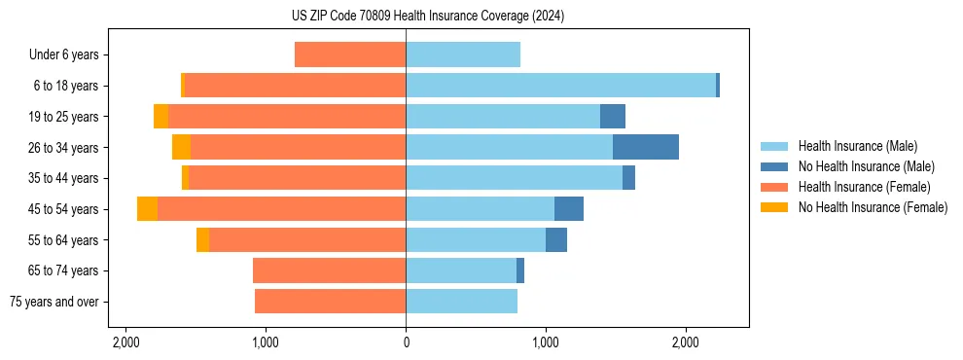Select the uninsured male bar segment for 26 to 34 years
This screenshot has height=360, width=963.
click(645, 147)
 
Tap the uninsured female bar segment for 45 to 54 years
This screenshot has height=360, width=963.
click(147, 209)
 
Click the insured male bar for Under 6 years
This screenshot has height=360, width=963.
click(463, 54)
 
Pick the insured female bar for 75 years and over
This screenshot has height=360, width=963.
click(330, 302)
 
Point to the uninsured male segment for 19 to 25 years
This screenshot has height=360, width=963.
click(612, 117)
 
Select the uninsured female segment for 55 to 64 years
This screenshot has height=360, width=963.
click(202, 240)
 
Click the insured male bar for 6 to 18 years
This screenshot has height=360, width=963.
click(560, 86)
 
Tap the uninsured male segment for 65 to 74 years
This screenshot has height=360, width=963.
click(520, 270)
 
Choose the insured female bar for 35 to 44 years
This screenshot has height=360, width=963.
click(297, 178)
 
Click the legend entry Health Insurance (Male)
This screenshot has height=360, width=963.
click(857, 146)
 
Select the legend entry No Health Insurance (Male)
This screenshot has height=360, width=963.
click(866, 166)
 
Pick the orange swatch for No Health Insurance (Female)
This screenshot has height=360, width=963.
click(775, 207)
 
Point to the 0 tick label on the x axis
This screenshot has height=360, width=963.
click(406, 343)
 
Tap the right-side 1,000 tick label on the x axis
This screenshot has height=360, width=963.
click(546, 343)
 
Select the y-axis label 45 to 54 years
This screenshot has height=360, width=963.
click(64, 209)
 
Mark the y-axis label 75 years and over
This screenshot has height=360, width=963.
click(54, 302)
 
